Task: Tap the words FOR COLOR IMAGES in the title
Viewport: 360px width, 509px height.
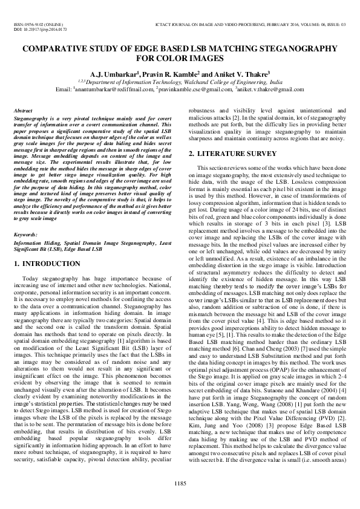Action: click(x=180, y=59)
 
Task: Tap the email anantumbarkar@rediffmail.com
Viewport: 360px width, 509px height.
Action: click(x=111, y=89)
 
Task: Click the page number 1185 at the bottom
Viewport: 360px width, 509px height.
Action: click(x=180, y=482)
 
